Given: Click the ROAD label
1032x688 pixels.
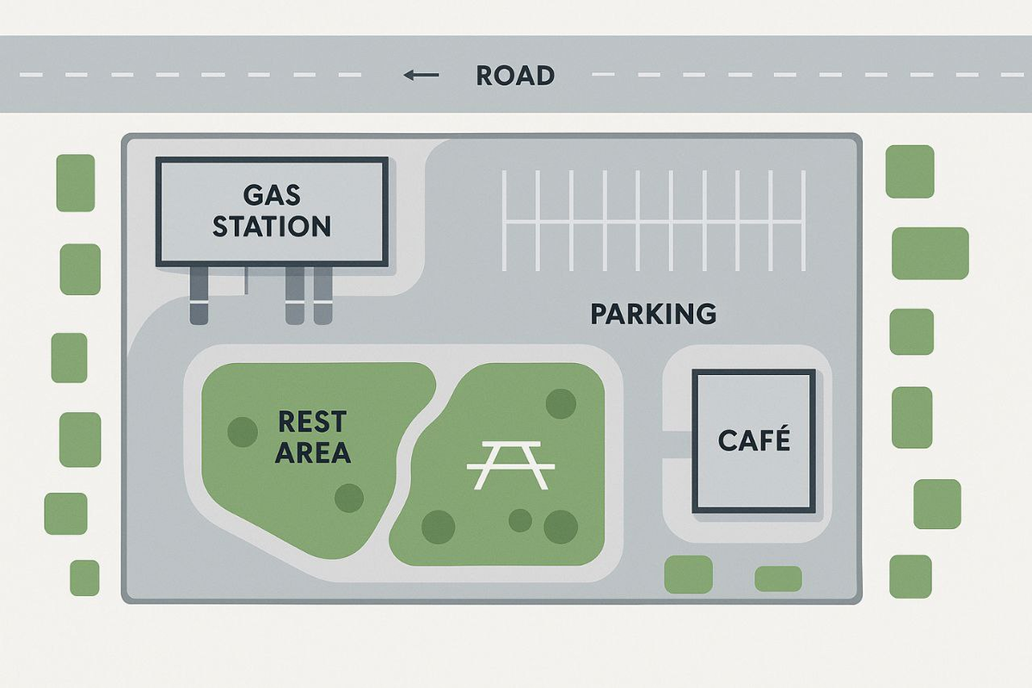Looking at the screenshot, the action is click(x=515, y=76).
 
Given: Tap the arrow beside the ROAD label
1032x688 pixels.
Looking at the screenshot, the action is click(x=421, y=76).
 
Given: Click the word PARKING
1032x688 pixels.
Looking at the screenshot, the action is click(x=654, y=314).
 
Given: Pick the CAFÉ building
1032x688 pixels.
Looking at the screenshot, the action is click(x=753, y=441).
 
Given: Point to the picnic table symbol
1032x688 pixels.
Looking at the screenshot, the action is click(x=510, y=464).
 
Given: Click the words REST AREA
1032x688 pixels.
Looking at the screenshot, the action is click(x=312, y=437).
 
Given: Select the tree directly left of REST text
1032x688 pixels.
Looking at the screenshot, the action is click(x=242, y=431).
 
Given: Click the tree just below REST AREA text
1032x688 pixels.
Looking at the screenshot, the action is click(x=348, y=497).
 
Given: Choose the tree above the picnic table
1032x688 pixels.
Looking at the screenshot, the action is click(x=561, y=402).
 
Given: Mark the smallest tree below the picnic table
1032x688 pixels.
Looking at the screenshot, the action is click(x=519, y=519).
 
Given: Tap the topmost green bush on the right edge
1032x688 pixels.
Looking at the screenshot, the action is click(x=910, y=171).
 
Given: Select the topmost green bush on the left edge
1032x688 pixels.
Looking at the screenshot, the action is click(x=76, y=182).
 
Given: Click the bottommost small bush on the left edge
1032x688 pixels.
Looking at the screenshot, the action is click(x=84, y=578).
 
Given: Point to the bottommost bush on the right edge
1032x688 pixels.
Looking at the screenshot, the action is click(x=911, y=576).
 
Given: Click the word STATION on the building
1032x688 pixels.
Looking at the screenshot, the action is click(x=272, y=226).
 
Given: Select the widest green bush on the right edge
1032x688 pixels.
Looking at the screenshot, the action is click(x=930, y=253).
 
